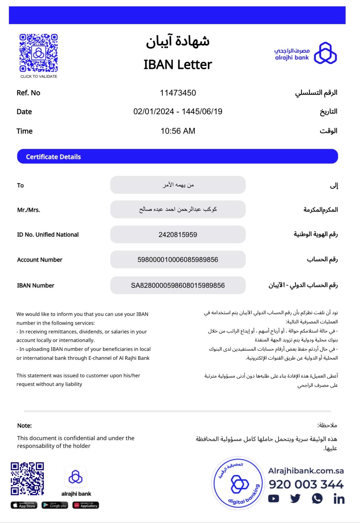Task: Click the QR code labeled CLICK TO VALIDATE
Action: click(38, 53)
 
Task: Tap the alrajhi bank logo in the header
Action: click(306, 53)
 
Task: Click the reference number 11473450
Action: click(178, 93)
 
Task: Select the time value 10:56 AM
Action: click(178, 131)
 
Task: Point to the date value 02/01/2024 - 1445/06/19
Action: click(178, 112)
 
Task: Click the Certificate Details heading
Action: click(53, 157)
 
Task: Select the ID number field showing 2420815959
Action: click(178, 235)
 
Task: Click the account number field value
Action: click(178, 260)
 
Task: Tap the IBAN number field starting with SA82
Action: click(178, 285)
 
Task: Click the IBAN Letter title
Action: click(178, 65)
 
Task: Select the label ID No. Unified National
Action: click(48, 235)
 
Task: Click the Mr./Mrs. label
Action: click(28, 210)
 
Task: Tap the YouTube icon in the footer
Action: click(274, 499)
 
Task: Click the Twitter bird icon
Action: click(295, 499)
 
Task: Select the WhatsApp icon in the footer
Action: click(317, 499)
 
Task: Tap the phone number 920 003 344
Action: click(306, 485)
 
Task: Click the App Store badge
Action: click(24, 505)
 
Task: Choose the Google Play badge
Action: click(55, 505)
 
